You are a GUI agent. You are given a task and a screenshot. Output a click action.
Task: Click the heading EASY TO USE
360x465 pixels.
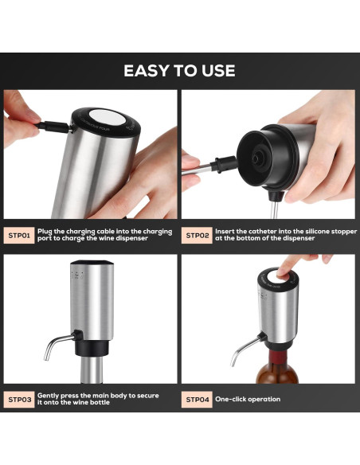click(x=179, y=71)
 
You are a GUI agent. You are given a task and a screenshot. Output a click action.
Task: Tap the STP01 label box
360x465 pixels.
click(x=19, y=236)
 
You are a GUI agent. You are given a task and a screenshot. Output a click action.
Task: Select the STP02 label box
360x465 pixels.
click(x=198, y=236)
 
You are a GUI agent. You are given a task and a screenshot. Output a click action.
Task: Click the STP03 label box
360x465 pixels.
click(x=19, y=399)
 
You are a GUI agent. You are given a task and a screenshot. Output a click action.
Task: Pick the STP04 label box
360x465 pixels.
click(x=198, y=399)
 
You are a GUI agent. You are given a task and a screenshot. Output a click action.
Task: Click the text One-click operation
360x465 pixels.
click(x=248, y=399)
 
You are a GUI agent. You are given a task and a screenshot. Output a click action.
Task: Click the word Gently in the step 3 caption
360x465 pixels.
click(x=49, y=395)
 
